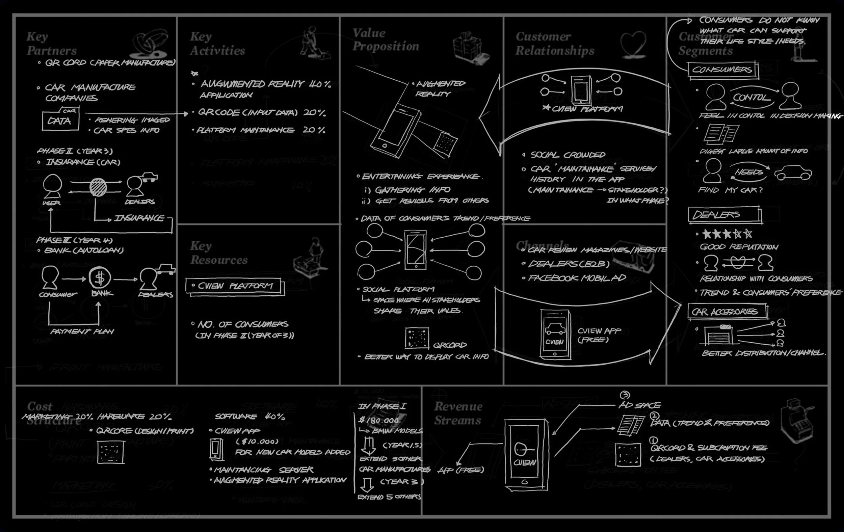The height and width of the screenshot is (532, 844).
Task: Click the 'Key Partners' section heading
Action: (52, 44)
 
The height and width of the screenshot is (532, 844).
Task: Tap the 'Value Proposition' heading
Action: (386, 39)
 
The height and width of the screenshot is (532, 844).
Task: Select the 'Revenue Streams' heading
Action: (458, 413)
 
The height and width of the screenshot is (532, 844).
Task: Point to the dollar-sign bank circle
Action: (100, 278)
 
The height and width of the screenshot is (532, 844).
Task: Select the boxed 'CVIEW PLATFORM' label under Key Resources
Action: (235, 286)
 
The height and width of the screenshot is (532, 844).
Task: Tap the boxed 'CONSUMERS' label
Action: (722, 70)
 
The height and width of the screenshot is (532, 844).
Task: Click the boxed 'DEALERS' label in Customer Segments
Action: (724, 214)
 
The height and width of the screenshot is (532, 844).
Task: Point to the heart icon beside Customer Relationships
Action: (633, 44)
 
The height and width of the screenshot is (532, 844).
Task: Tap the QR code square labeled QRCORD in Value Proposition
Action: (417, 338)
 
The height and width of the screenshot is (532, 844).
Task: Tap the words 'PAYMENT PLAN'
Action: (82, 331)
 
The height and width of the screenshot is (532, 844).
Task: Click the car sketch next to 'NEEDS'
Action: (793, 173)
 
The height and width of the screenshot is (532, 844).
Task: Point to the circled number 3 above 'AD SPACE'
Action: (625, 395)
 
